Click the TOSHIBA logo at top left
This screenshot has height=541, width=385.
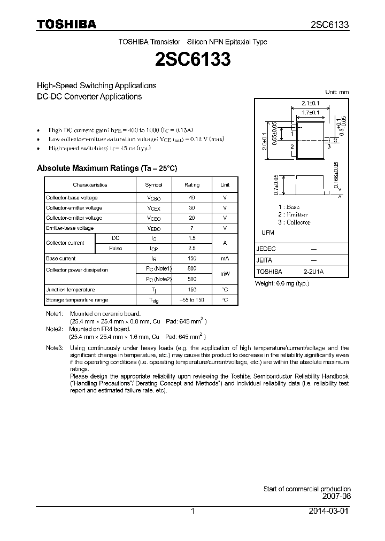click(x=66, y=24)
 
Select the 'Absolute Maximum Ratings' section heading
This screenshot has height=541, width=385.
click(x=106, y=168)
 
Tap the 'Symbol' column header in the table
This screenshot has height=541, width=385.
click(x=154, y=184)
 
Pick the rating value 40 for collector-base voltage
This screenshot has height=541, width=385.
click(x=192, y=198)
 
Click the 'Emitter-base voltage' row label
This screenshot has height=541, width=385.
click(x=70, y=228)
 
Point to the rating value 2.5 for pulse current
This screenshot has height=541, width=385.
click(x=192, y=249)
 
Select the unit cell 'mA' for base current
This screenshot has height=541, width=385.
click(x=225, y=259)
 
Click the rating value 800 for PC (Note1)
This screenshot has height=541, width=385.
click(x=192, y=269)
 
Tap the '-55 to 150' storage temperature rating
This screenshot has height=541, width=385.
click(x=192, y=300)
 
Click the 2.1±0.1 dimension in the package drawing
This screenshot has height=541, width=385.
click(x=310, y=103)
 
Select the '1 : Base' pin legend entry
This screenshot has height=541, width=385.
click(x=289, y=207)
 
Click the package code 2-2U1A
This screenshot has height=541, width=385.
click(x=313, y=272)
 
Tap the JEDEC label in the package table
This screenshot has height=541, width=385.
click(x=267, y=249)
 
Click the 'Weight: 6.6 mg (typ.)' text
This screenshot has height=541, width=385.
click(x=282, y=283)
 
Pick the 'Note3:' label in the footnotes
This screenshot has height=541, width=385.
click(x=55, y=348)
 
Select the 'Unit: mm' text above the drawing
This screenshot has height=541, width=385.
click(x=337, y=92)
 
